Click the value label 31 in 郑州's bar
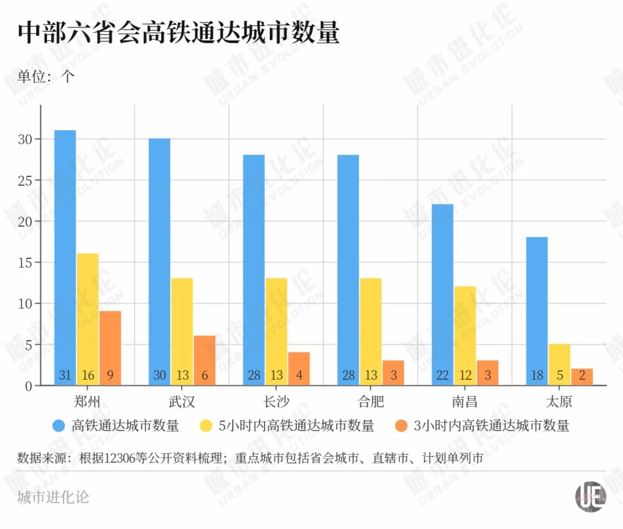tap(65, 376)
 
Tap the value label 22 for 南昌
tap(442, 376)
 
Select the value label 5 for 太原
tap(560, 376)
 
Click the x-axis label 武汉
tap(182, 401)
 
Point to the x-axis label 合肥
tap(370, 401)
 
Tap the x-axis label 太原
tap(559, 401)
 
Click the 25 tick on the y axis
tap(27, 180)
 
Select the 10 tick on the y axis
tap(27, 304)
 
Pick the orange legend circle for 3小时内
tap(401, 426)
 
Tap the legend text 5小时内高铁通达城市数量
tap(296, 426)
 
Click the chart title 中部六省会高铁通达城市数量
tap(178, 33)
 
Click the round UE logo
tap(590, 496)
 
